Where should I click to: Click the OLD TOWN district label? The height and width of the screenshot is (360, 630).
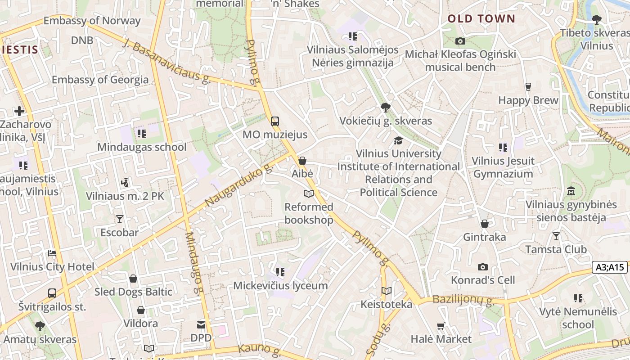(481, 18)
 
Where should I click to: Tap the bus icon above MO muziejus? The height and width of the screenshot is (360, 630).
(274, 121)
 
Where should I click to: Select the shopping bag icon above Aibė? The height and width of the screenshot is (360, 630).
(302, 161)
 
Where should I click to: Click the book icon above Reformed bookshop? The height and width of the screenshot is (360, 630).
(308, 193)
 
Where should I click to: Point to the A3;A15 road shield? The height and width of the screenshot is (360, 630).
(610, 267)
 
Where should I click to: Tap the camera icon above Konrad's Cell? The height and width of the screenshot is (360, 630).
(483, 267)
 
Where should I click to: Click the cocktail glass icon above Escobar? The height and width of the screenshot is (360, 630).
(119, 219)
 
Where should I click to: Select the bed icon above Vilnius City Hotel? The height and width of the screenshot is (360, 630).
(52, 253)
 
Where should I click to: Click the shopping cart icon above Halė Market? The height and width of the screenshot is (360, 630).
(441, 326)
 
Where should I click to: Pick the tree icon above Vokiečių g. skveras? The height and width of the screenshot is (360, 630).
(385, 108)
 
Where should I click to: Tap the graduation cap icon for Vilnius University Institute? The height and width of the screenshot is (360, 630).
(398, 140)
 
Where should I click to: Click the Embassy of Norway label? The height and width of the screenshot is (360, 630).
(92, 21)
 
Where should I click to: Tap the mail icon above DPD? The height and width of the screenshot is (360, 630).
(201, 324)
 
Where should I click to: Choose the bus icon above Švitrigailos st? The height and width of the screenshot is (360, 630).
(52, 293)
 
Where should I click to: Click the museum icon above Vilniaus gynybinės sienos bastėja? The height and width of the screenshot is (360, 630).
(571, 191)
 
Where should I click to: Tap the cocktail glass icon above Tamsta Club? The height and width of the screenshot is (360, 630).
(556, 236)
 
